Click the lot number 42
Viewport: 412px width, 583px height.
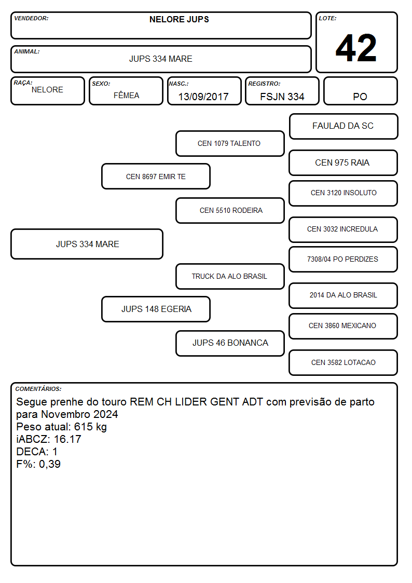356,48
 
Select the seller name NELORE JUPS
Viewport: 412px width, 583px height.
179,19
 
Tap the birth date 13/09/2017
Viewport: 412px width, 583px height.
203,97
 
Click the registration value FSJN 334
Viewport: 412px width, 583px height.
282,97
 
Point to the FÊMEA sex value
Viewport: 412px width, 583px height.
126,95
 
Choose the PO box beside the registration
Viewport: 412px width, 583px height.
360,91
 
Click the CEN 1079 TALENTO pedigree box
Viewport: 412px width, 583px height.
230,143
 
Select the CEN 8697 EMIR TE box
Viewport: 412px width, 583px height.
156,176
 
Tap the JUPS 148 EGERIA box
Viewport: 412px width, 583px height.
156,309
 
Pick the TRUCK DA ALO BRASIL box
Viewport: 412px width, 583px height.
230,276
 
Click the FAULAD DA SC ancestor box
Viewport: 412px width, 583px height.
344,127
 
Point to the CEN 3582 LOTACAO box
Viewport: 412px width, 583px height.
344,362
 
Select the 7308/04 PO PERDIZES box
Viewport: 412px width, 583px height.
344,259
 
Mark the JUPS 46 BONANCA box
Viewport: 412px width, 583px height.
230,343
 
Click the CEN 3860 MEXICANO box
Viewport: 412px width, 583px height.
344,326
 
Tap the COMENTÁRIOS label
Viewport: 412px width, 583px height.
38,389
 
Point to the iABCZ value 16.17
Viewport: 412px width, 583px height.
67,439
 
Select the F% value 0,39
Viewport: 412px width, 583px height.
50,464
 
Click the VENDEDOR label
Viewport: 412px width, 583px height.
31,18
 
